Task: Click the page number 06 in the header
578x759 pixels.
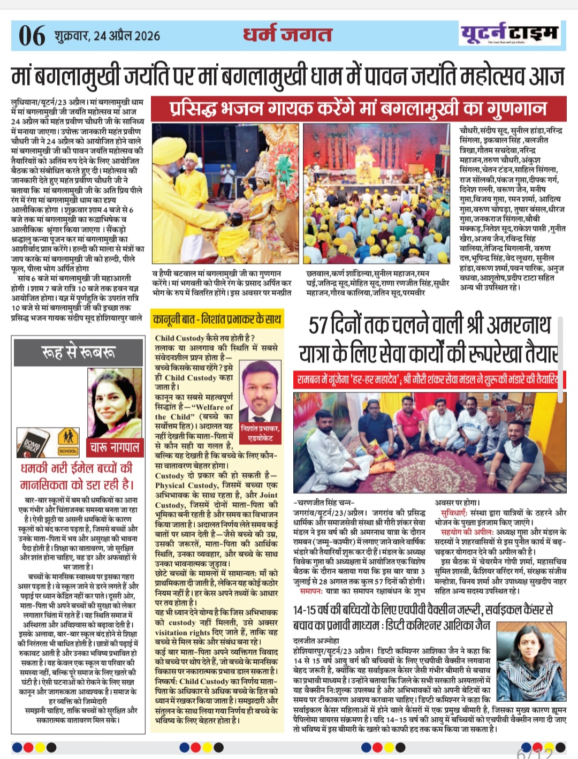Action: [32, 35]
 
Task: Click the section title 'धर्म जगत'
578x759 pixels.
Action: [287, 34]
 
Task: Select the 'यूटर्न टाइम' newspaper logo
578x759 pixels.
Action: [509, 34]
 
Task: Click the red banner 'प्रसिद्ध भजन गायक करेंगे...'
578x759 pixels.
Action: [358, 109]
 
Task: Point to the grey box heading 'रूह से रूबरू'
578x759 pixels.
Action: [78, 353]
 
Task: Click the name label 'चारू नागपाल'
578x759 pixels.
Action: [115, 446]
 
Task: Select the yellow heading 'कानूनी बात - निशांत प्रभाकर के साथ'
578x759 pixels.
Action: [217, 320]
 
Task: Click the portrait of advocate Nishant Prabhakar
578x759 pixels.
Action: [260, 391]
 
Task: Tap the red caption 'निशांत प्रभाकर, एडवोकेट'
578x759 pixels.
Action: [260, 433]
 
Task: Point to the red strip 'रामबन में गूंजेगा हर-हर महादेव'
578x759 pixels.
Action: [427, 379]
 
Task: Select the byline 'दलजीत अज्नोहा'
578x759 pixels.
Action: [316, 640]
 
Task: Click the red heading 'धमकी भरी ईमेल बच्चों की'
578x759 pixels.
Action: [77, 468]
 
